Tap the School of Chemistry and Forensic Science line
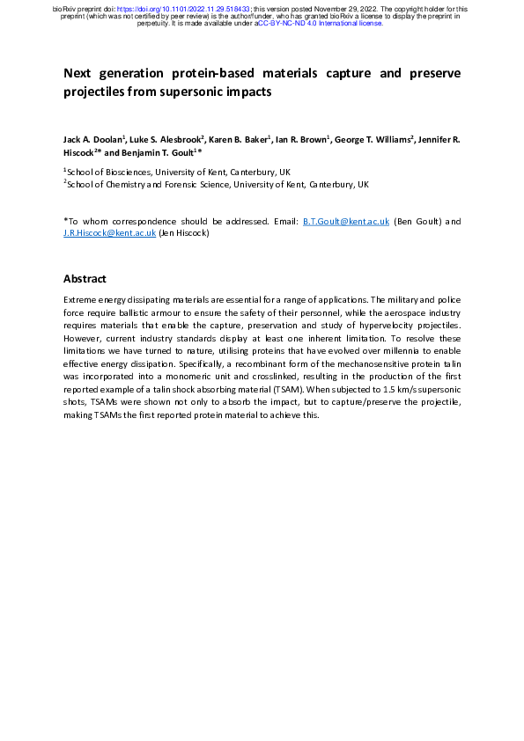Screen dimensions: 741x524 pyautogui.click(x=218, y=185)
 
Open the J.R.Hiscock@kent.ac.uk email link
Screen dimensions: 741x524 pyautogui.click(x=109, y=233)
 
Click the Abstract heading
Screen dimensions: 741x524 pyautogui.click(x=85, y=279)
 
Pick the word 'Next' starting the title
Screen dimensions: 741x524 pyautogui.click(x=78, y=72)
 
